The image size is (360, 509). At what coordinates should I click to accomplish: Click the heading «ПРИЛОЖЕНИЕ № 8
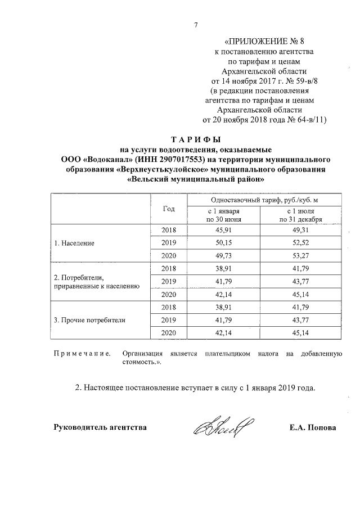pos(264,41)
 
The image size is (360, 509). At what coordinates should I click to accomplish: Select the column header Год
pos(169,209)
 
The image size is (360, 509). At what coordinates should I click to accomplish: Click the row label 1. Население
pos(74,244)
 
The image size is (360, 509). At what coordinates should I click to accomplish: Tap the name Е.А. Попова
pos(312,428)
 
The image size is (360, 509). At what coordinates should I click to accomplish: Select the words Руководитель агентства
pos(100,428)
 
